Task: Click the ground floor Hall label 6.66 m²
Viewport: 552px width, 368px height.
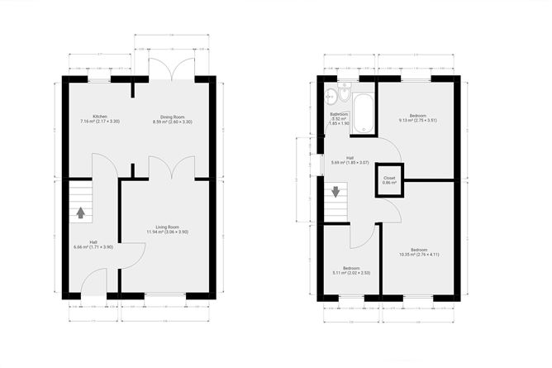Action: [93, 244]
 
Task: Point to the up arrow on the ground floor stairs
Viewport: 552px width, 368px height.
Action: [80, 212]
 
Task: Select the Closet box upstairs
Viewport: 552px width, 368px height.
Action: [389, 182]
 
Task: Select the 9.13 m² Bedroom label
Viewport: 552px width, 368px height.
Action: [416, 119]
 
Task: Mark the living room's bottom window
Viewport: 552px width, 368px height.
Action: [164, 295]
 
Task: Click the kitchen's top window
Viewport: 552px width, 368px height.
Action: [100, 79]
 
